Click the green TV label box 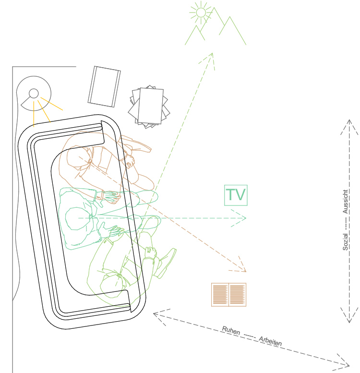236,195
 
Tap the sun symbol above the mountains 201,12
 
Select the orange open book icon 228,294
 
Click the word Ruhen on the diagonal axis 231,331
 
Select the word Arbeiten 270,340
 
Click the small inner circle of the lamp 34,93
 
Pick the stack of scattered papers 149,107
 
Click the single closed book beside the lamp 104,86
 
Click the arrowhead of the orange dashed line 243,269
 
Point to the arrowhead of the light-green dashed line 209,56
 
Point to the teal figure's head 77,218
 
